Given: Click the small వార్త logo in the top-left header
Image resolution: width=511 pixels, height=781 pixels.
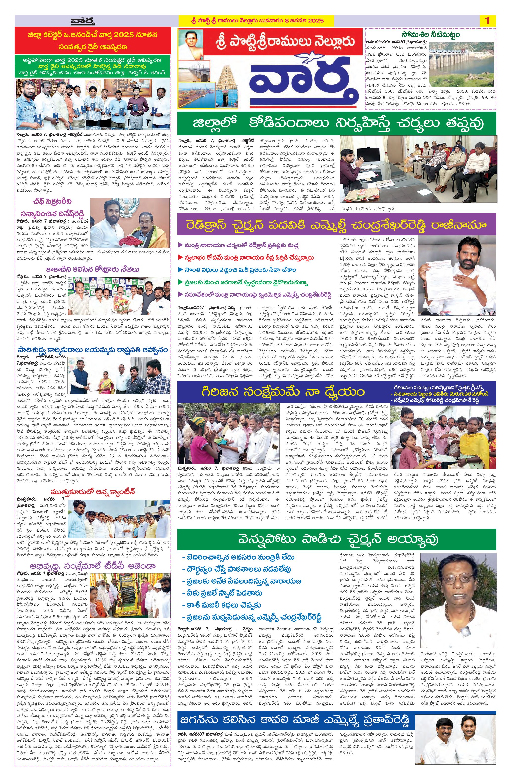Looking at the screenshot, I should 83,22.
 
